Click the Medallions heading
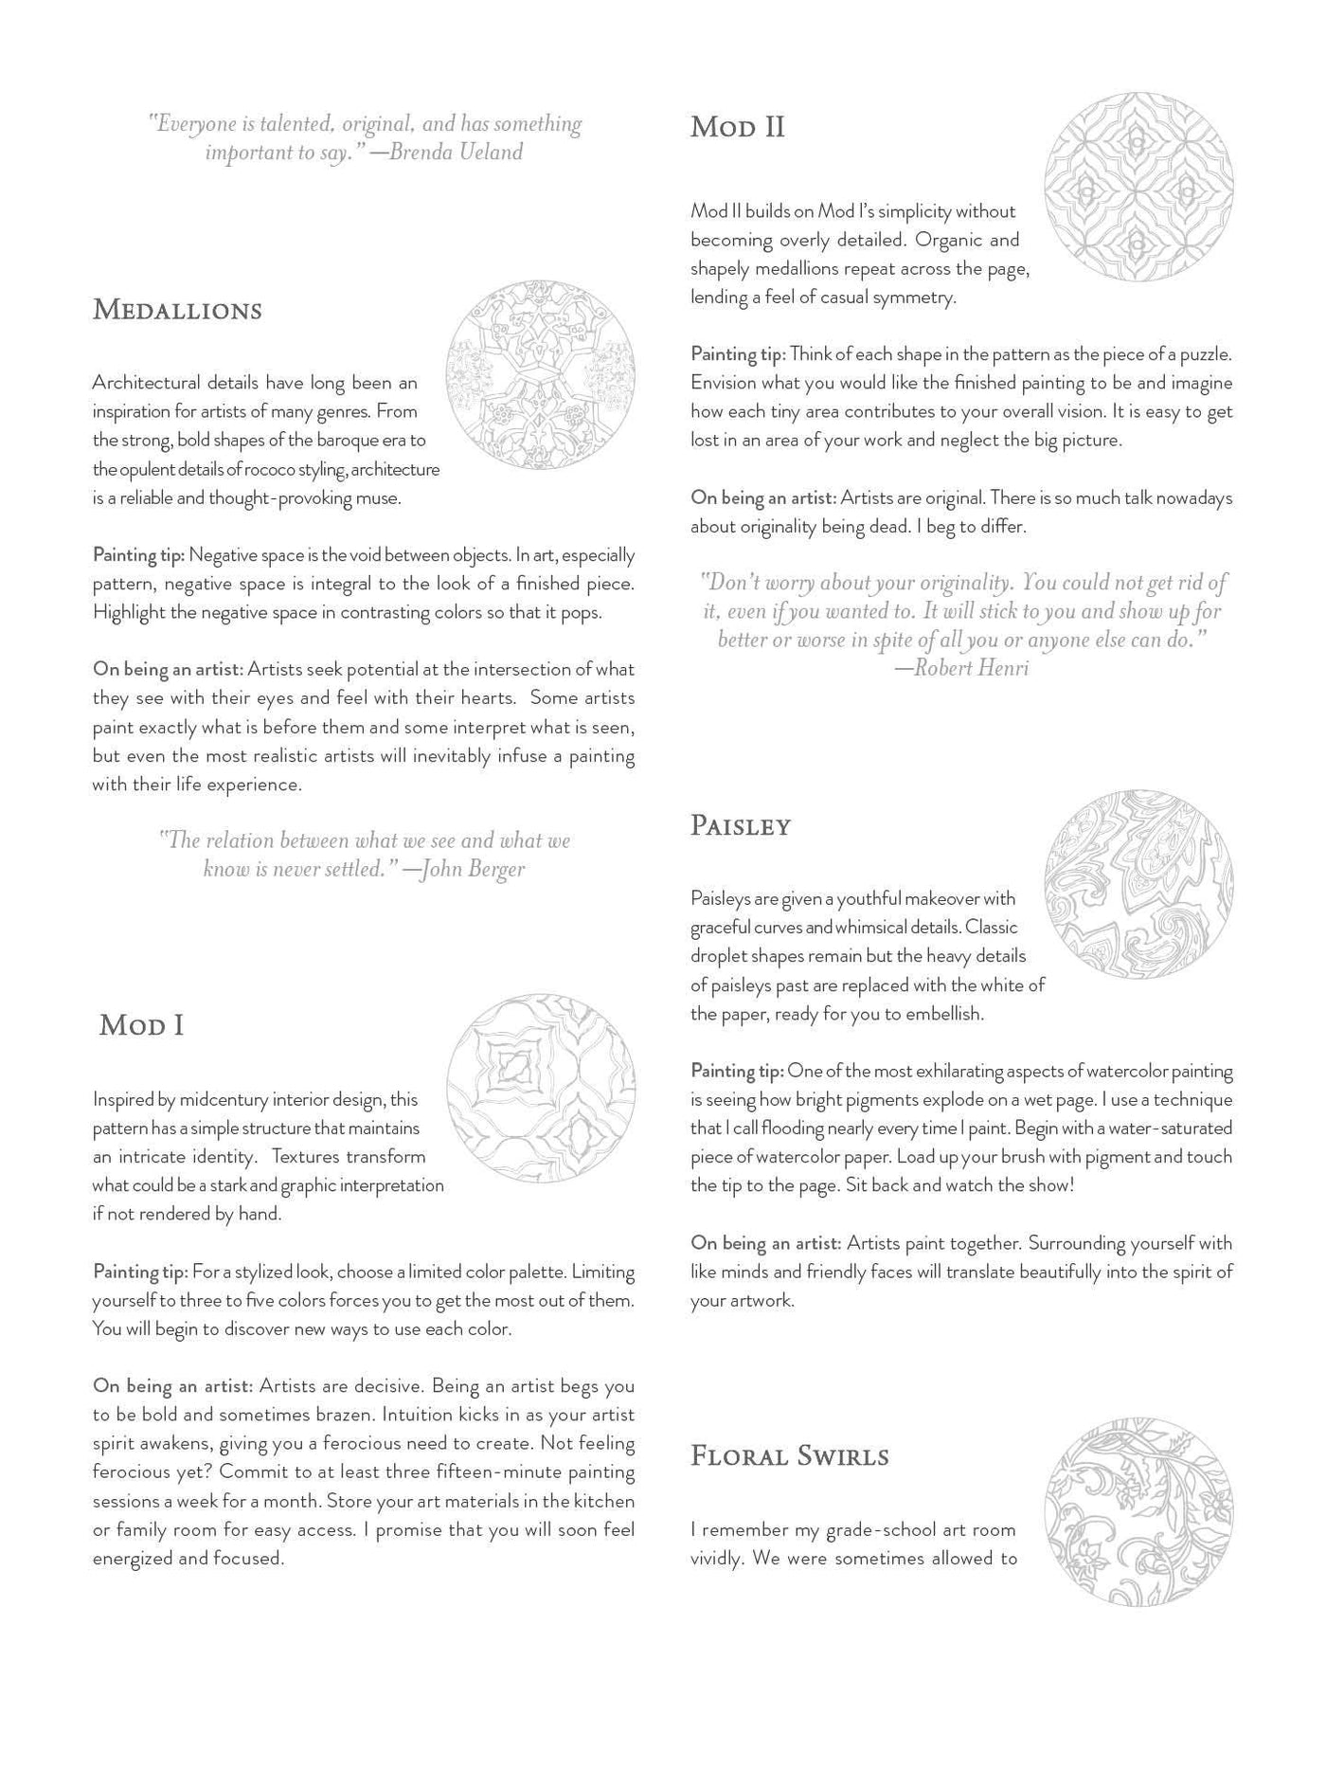[x=177, y=311]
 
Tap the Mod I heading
[x=141, y=1025]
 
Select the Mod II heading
[x=737, y=127]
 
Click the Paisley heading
[x=740, y=826]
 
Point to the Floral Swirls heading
[x=789, y=1456]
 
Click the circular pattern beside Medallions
[x=540, y=375]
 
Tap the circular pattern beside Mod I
[x=540, y=1088]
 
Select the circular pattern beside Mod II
[x=1138, y=187]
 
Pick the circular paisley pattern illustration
[x=1138, y=885]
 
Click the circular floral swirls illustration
[x=1138, y=1512]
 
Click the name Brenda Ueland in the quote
[x=456, y=153]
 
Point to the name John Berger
[x=471, y=869]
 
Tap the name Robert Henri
[x=972, y=669]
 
